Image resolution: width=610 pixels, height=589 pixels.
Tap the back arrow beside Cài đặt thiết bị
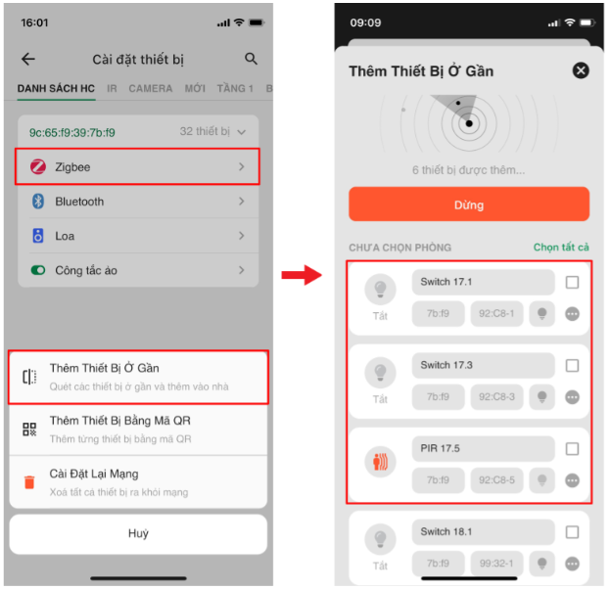click(x=28, y=59)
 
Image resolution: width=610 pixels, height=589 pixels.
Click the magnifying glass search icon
click(x=251, y=59)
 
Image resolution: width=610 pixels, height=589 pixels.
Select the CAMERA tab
click(x=151, y=89)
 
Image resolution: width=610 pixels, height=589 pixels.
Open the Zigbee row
click(x=137, y=166)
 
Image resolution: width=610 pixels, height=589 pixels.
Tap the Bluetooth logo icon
click(x=38, y=201)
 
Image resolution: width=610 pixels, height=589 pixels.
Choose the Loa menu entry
click(x=138, y=236)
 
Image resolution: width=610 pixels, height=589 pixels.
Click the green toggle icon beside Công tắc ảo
click(x=38, y=270)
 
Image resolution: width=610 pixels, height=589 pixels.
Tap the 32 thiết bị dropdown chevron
click(x=241, y=132)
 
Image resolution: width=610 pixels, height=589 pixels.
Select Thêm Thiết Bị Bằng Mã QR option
click(x=138, y=430)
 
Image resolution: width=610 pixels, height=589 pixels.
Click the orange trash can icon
click(x=29, y=481)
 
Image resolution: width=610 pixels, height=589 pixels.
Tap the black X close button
click(x=581, y=70)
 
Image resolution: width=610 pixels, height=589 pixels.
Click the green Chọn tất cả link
click(x=561, y=248)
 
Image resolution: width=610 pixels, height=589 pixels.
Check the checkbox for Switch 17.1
click(x=572, y=282)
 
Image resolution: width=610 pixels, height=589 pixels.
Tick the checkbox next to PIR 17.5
click(x=572, y=449)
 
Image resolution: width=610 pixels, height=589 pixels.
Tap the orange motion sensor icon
click(x=380, y=462)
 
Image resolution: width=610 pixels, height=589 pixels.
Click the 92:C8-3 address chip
click(x=496, y=396)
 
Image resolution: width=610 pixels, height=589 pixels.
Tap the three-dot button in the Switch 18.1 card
click(x=572, y=564)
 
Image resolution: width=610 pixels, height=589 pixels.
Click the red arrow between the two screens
click(x=302, y=275)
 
